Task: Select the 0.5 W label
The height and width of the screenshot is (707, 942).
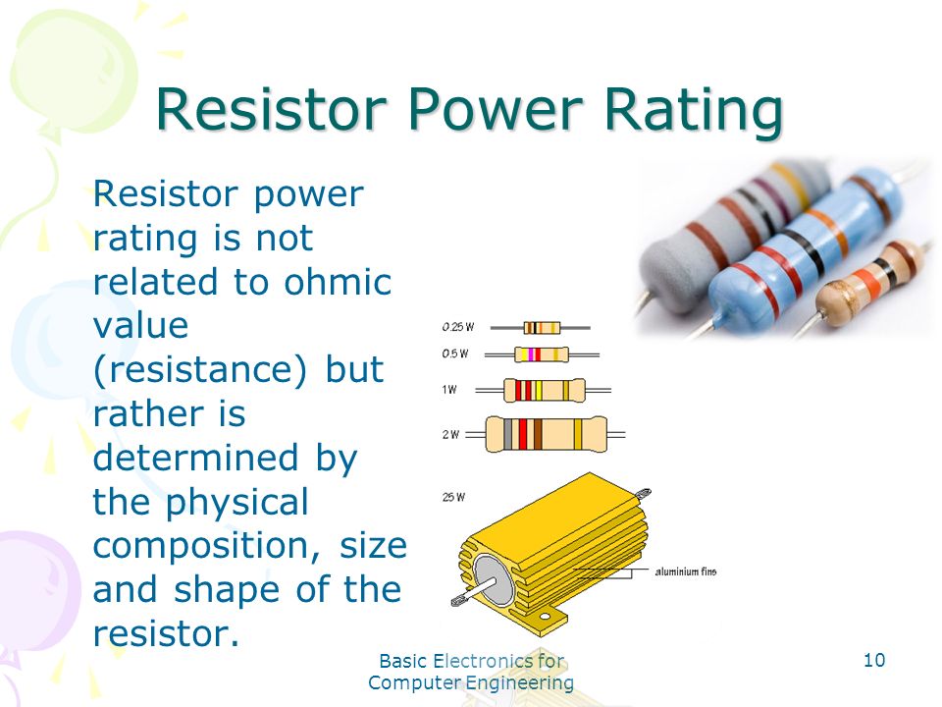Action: tap(453, 353)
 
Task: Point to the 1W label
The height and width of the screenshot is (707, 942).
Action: tap(449, 390)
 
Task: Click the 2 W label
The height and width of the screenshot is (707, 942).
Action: tap(450, 434)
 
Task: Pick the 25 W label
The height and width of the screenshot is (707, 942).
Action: tap(452, 498)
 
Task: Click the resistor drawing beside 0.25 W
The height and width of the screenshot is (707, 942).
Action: tap(543, 327)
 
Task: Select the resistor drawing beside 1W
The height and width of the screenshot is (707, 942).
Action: tap(544, 390)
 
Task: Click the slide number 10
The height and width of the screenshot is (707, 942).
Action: tap(874, 660)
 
